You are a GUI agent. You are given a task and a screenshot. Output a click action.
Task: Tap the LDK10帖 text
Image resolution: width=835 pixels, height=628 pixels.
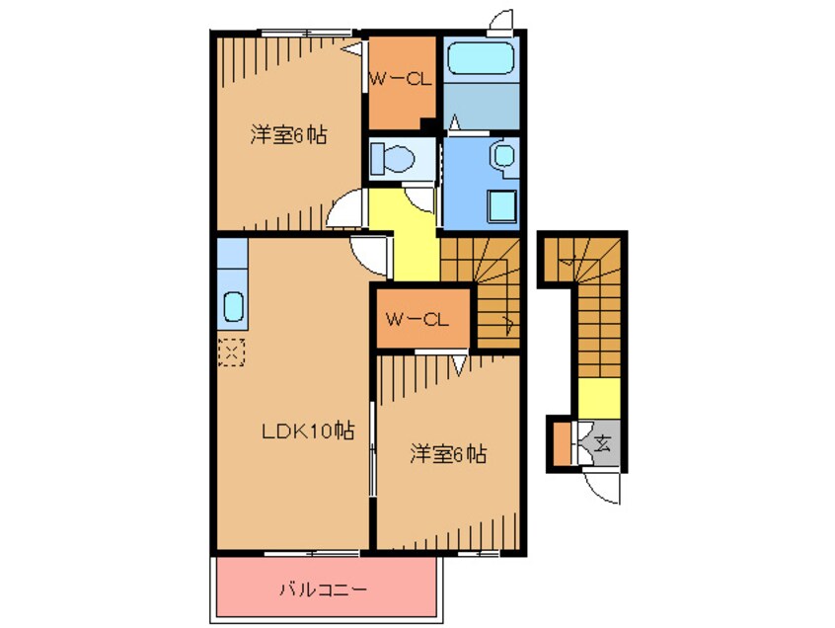coord(307,431)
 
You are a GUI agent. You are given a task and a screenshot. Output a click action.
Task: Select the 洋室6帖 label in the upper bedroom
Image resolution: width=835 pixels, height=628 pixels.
coord(287,136)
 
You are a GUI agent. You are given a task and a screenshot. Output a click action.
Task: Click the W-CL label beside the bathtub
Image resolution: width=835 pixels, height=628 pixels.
coord(401,81)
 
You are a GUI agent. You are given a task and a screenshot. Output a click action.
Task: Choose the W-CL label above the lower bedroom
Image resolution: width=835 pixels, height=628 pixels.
coord(417,319)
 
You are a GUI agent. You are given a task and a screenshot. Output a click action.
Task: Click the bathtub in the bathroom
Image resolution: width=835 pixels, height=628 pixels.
coord(479,59)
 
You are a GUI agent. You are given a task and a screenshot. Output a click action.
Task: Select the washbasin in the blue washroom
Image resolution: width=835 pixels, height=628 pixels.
coord(503,156)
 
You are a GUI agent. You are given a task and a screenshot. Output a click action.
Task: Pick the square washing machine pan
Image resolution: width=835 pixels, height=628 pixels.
coord(500,206)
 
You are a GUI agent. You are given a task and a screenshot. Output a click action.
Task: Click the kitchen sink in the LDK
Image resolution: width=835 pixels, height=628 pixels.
coord(233,307)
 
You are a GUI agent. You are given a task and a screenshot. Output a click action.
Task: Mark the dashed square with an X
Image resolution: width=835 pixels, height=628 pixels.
coord(231,351)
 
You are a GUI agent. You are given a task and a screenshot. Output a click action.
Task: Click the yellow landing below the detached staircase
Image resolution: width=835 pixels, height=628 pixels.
coord(598,397)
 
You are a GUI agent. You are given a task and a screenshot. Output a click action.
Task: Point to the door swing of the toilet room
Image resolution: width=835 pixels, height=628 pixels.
coord(421,196)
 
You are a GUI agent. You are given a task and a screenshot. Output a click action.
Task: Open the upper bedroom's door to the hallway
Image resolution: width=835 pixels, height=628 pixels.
coord(347,209)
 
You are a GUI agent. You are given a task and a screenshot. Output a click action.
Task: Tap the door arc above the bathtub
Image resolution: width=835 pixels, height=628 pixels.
coord(500,20)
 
